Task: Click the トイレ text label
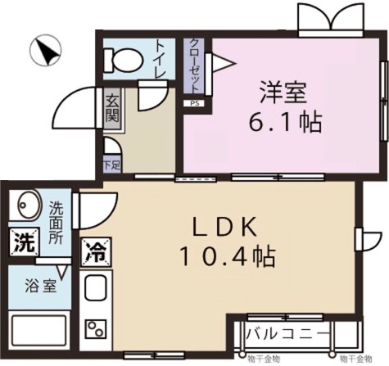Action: pos(160,58)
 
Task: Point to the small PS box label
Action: pos(194,104)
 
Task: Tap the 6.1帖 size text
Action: pos(285,124)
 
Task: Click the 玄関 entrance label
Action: pos(112,111)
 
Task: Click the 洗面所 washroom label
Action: pos(56,222)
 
